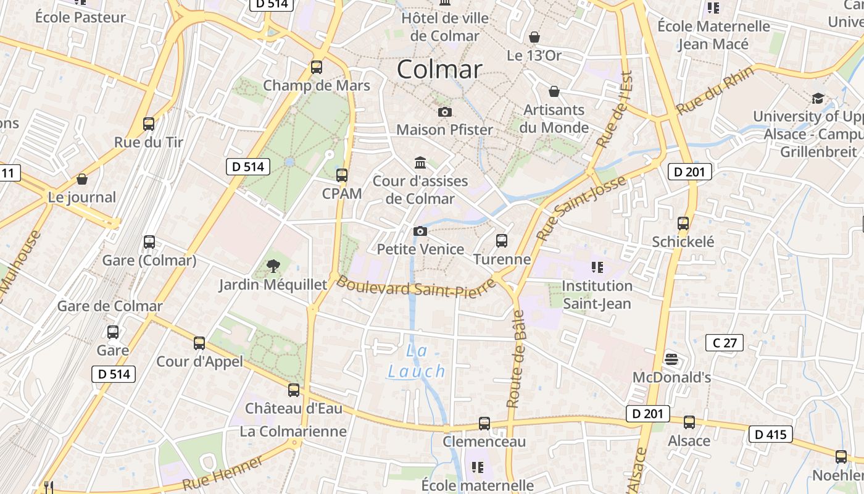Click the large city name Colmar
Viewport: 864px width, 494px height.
coord(439,69)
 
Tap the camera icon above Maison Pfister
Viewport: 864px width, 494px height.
coord(444,112)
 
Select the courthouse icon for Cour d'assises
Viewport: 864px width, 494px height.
coord(420,162)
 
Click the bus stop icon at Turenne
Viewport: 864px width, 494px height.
coord(502,241)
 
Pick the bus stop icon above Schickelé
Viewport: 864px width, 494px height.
coord(683,224)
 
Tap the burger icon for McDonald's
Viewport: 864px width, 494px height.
coord(671,359)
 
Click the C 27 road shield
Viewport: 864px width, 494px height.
coord(725,343)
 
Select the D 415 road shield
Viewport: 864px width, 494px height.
coord(771,434)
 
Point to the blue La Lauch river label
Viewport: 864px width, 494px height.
coord(417,361)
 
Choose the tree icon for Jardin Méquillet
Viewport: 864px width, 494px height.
coord(273,267)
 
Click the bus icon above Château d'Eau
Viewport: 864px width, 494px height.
coord(294,390)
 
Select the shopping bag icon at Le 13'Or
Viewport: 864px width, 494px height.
coord(534,38)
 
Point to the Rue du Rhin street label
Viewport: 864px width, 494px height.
coord(715,90)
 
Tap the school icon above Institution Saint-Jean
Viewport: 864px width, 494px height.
coord(597,267)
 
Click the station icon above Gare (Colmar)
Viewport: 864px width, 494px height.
coord(149,242)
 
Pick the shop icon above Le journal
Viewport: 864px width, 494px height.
coord(82,180)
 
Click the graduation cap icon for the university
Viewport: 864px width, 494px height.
coord(818,98)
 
